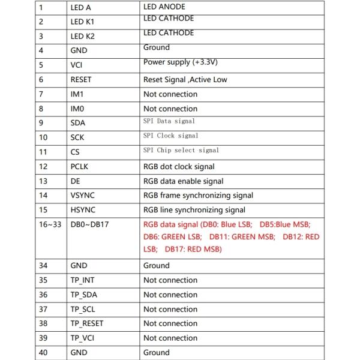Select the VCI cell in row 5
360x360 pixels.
(77, 65)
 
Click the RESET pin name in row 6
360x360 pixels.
(81, 80)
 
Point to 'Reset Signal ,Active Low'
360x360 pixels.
(185, 80)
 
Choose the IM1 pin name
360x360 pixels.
(78, 94)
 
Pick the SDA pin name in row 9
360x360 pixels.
(78, 123)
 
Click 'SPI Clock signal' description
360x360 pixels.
(171, 136)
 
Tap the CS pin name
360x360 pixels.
(75, 152)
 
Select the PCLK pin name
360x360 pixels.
(80, 167)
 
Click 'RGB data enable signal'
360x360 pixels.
(184, 181)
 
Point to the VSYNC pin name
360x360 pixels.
(82, 196)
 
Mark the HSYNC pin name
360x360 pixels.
(83, 210)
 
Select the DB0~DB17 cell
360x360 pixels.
(91, 224)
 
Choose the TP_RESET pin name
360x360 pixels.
(86, 323)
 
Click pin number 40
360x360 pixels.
(43, 353)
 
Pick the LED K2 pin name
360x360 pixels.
(82, 37)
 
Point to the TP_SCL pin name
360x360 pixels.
(83, 309)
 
